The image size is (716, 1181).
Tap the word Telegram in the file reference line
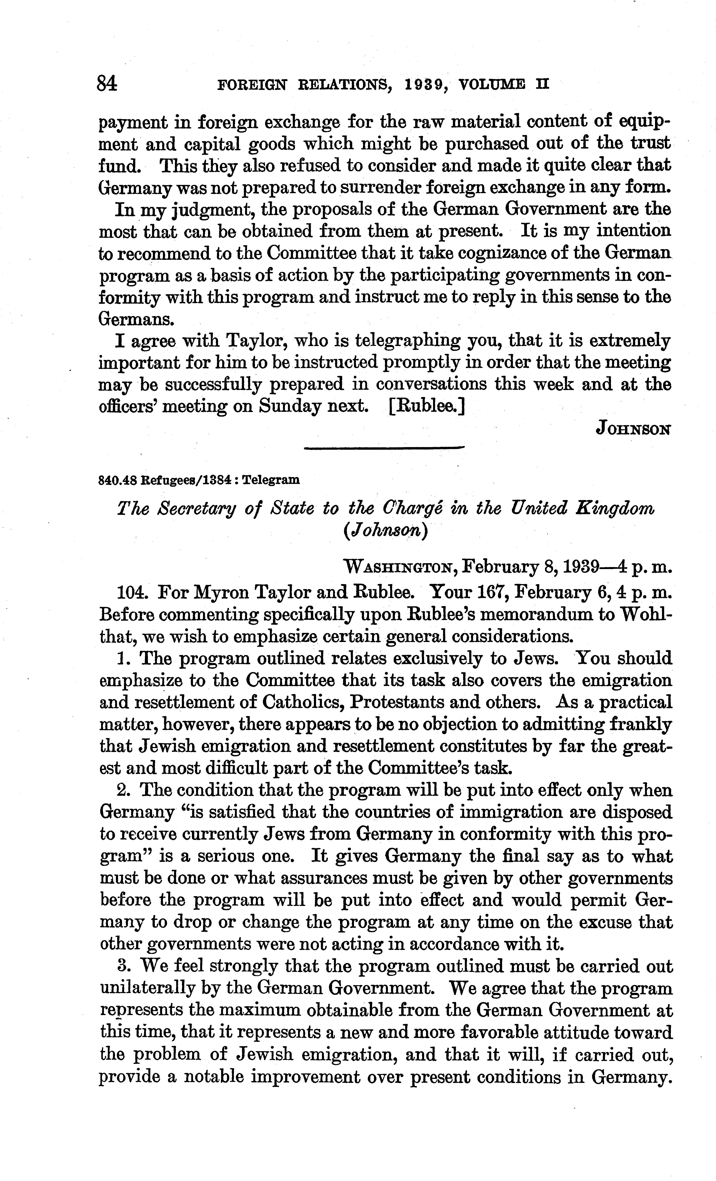(x=271, y=480)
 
